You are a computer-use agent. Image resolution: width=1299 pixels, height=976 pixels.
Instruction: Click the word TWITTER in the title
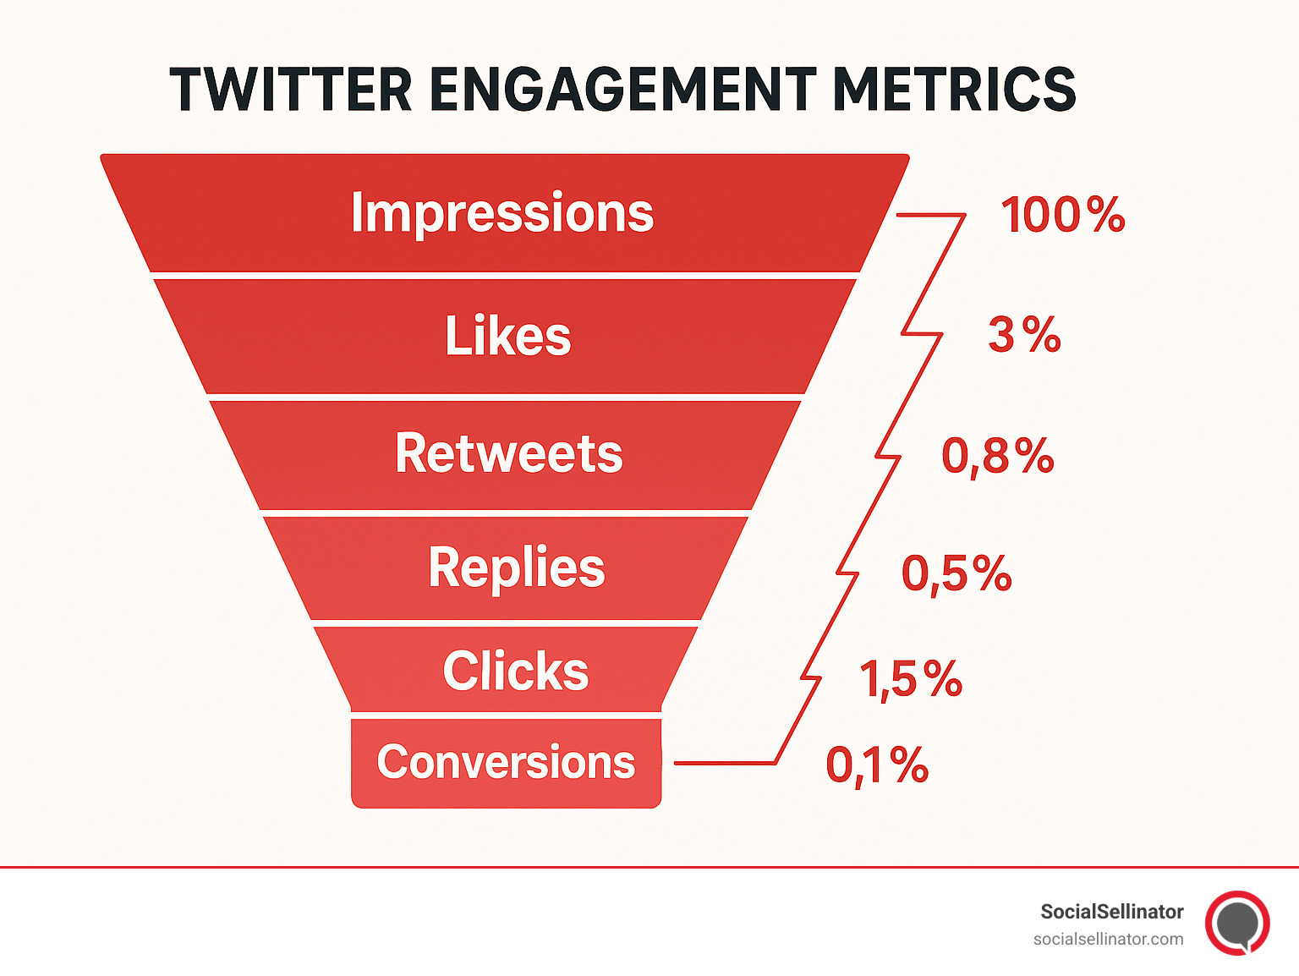coord(290,90)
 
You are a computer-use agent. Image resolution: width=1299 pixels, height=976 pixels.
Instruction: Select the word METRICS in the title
coord(954,90)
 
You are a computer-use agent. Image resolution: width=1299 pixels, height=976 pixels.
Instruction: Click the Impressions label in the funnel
coord(502,212)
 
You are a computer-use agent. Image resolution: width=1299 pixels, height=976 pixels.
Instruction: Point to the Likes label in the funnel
coord(508,336)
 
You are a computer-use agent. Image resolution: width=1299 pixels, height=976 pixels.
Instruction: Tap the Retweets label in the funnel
coord(508,453)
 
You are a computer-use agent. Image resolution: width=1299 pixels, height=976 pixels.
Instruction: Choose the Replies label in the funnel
coord(516,567)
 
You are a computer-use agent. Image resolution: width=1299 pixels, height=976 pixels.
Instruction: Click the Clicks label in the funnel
coord(515,672)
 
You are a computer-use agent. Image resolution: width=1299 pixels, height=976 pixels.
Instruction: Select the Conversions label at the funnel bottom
coord(506,762)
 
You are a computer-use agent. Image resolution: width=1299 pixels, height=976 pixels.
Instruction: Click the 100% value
coord(1062,215)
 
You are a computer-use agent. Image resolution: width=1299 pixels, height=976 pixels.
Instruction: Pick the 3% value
coord(1024,335)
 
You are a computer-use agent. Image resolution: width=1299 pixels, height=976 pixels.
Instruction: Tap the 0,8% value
coord(998,457)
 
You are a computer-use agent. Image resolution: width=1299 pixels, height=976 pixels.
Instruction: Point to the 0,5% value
coord(956,574)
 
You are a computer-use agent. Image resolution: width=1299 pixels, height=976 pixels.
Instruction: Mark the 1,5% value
coord(911,679)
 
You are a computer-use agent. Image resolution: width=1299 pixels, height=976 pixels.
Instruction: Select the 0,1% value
coord(877,765)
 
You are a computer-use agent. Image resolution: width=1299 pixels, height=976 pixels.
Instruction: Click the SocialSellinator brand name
coord(1111,912)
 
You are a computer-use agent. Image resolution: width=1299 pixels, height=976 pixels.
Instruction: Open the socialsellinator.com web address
coord(1108,939)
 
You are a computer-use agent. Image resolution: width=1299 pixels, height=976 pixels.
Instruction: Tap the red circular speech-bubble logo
coord(1237,923)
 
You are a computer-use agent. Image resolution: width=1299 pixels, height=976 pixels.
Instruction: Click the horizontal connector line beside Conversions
coord(723,763)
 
